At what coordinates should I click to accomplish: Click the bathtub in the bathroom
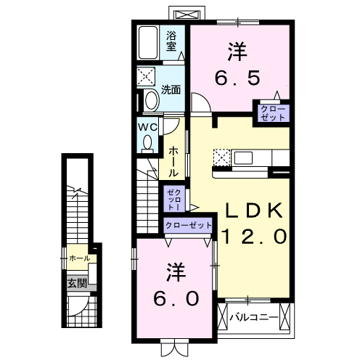(x=149, y=43)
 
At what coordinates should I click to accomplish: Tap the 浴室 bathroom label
(x=172, y=41)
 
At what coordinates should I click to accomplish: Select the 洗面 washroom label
(x=171, y=91)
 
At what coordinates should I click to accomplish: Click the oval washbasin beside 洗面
(x=150, y=100)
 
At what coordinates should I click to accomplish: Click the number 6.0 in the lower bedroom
(x=175, y=298)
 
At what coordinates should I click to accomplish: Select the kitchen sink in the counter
(x=243, y=157)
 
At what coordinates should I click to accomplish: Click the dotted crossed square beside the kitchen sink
(x=221, y=157)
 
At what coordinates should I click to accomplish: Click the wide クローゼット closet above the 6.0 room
(x=188, y=226)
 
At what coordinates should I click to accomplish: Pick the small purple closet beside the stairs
(x=174, y=197)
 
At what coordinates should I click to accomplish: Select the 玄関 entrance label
(x=77, y=283)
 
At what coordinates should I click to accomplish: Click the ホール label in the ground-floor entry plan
(x=78, y=258)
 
